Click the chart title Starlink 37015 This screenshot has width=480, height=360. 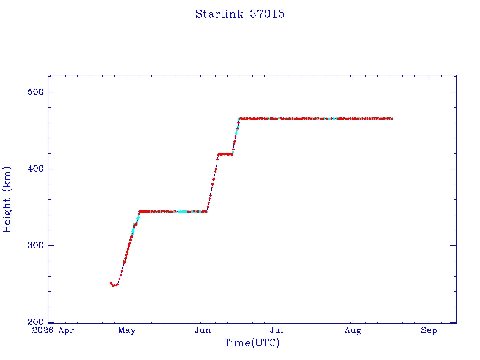point(240,14)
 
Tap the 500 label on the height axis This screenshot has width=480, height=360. point(36,92)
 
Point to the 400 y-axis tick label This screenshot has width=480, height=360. point(36,169)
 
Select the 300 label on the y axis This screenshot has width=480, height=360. point(36,245)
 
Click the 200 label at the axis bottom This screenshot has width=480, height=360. point(36,322)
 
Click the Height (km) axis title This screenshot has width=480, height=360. point(7,199)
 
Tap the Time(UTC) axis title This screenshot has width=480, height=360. point(252,343)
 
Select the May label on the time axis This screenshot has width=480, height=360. point(127,330)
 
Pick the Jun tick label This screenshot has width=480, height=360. point(203,330)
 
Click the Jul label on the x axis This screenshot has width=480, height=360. point(277,330)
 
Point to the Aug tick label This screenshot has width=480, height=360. point(353,330)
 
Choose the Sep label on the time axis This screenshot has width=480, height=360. point(429,330)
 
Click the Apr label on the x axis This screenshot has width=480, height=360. point(66,330)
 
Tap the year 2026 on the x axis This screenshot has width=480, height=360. point(43,330)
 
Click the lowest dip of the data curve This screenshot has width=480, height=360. point(114,285)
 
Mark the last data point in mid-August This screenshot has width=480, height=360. point(392,118)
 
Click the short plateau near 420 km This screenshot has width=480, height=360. point(225,154)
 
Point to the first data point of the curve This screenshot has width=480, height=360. point(111,283)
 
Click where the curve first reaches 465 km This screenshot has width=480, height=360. point(239,119)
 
